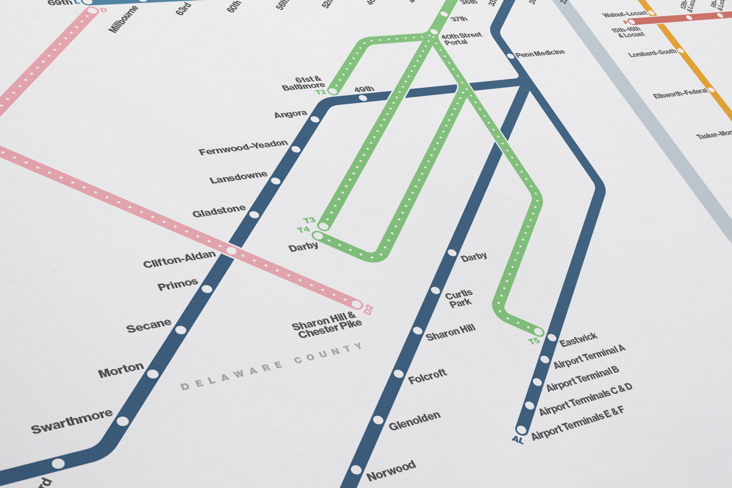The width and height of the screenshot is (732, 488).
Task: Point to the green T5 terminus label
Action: pos(534,341)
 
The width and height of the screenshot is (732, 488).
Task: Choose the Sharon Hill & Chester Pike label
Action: pos(326,325)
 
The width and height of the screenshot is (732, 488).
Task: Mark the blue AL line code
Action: pos(518,440)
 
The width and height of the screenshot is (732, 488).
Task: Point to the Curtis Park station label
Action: pos(459,298)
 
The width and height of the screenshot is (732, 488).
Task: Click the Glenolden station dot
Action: pos(378,420)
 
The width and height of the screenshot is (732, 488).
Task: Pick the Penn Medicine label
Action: pos(540,53)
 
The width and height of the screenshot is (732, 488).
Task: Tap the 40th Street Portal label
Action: pos(461,39)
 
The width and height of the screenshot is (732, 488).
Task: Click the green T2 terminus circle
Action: pos(333,91)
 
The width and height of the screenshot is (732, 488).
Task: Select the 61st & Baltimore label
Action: pos(304,83)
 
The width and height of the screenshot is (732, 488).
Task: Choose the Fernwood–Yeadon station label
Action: pos(243,147)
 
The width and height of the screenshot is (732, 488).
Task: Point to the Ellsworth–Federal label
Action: pos(680,93)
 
